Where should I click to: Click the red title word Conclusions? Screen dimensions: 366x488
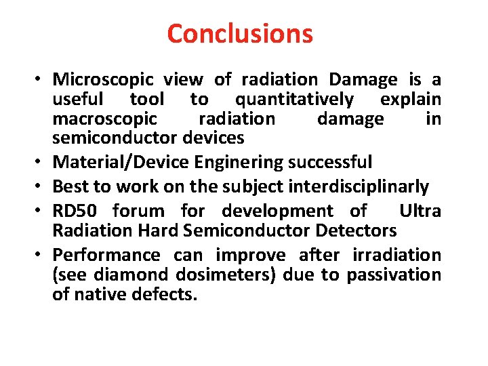point(240,33)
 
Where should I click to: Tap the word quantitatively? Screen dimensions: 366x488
point(294,100)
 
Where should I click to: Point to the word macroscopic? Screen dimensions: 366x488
point(105,119)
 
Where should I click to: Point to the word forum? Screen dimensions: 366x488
point(138,211)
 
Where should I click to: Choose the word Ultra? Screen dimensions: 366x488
point(420,211)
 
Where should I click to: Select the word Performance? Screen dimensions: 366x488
point(106,256)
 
